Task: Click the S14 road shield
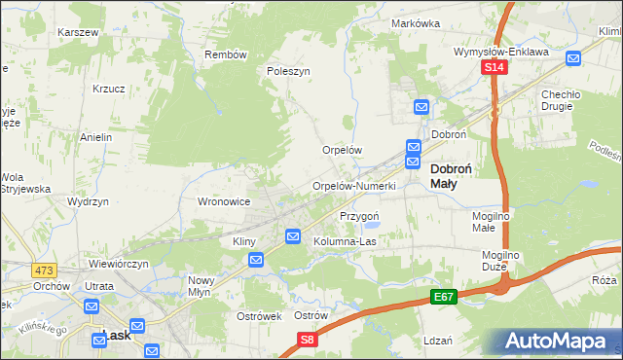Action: (495, 67)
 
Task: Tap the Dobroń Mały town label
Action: (452, 175)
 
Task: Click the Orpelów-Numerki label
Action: (353, 186)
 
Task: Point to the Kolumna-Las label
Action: (345, 241)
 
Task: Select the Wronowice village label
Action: (225, 201)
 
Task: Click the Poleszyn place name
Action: (288, 71)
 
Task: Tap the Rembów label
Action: (226, 54)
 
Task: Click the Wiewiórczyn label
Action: (118, 264)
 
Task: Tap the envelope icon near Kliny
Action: (256, 260)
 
